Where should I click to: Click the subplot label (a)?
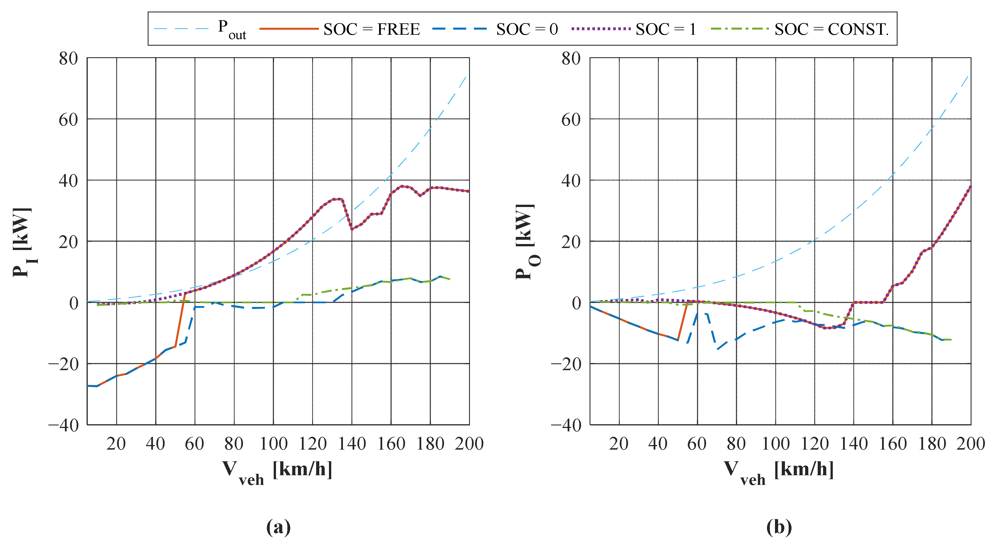tap(278, 526)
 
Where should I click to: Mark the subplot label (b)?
tap(779, 526)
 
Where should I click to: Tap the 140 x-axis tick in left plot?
tap(351, 444)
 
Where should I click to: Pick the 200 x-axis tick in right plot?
tap(970, 444)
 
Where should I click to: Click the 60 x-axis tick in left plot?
tap(195, 444)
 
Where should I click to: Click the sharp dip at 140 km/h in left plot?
tap(351, 229)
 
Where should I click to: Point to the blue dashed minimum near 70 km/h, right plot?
tap(717, 349)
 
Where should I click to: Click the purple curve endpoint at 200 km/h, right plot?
tap(970, 187)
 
